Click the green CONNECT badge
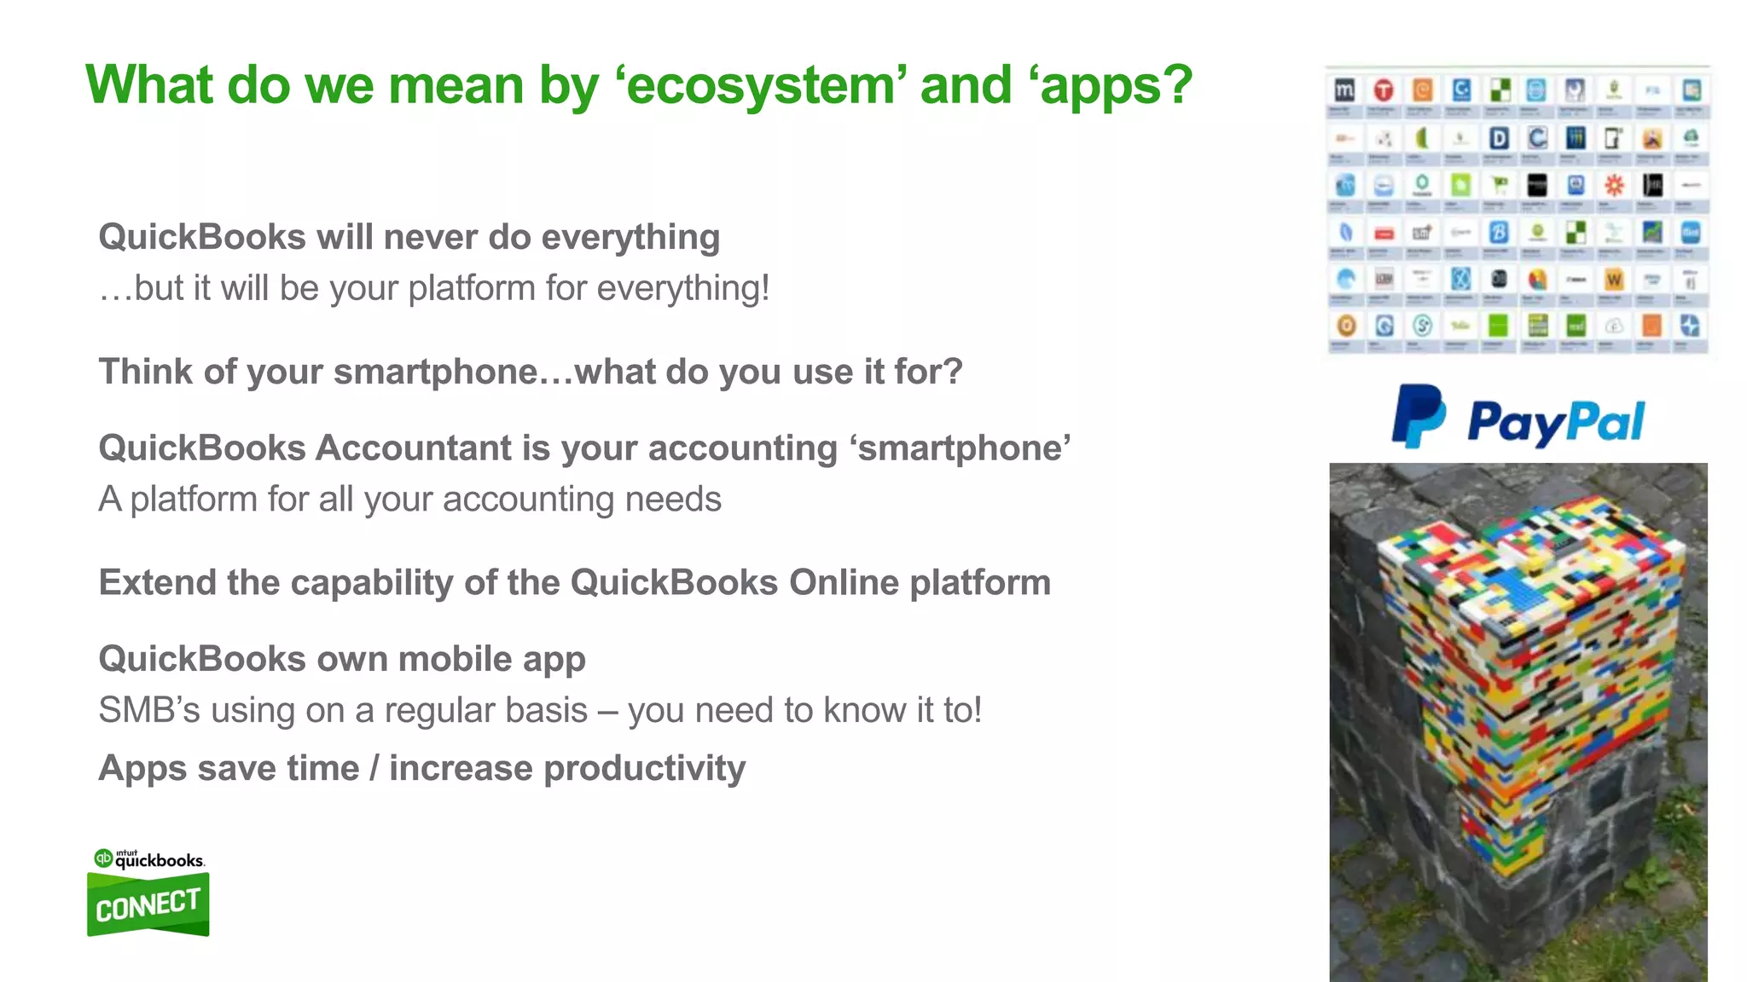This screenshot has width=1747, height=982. point(148,905)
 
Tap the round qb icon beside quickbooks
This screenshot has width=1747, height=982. point(103,858)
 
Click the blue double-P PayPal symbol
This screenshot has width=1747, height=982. point(1418,416)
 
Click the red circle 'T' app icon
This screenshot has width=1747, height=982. point(1384,90)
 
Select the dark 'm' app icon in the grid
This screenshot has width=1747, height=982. point(1344,90)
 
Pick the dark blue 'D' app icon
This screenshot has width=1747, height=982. point(1498,138)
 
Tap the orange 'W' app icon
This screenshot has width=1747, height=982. point(1613,280)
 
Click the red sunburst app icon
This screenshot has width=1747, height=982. point(1613,185)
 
